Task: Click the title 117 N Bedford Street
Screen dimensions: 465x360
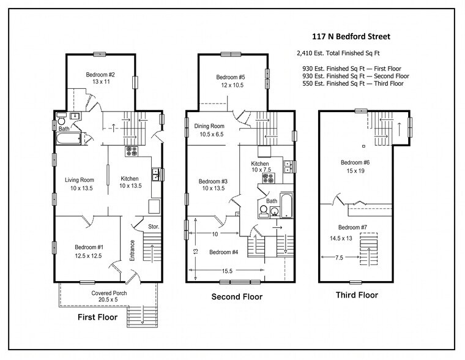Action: (x=351, y=37)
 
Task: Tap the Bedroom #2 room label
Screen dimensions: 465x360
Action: (x=100, y=75)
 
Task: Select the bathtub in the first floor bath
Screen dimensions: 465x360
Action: (x=68, y=138)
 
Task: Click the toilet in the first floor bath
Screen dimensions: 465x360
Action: (x=61, y=118)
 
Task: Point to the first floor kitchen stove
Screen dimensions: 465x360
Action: (x=132, y=151)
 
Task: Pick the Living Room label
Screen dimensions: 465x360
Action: (x=80, y=180)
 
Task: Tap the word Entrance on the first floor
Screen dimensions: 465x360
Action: (x=132, y=250)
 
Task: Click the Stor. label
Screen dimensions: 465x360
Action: (x=154, y=227)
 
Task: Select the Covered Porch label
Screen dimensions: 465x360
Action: (x=109, y=293)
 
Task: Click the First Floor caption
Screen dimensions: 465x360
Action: (x=97, y=317)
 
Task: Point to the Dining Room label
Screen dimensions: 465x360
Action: (x=209, y=126)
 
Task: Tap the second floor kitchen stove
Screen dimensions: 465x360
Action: (x=268, y=179)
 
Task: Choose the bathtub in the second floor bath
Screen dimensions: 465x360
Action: (x=286, y=205)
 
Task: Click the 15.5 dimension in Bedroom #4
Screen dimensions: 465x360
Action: (x=227, y=271)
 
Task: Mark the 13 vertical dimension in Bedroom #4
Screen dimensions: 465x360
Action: (x=195, y=251)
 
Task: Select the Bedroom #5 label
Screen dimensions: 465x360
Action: (x=231, y=77)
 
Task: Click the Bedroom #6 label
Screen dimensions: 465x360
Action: (x=355, y=162)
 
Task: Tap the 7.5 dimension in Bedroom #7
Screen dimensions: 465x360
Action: (x=339, y=258)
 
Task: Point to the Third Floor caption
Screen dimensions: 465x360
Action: (x=357, y=295)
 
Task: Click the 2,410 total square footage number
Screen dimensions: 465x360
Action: (x=304, y=53)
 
